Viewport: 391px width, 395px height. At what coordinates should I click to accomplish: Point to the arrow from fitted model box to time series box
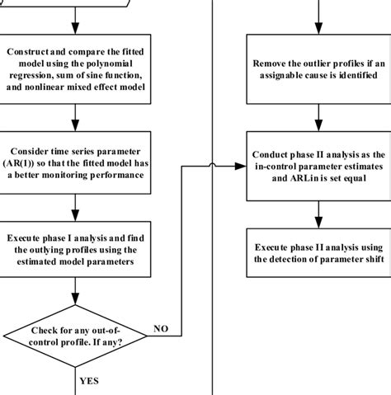click(x=75, y=116)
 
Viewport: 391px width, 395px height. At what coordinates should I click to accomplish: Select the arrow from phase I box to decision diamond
click(x=75, y=289)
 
